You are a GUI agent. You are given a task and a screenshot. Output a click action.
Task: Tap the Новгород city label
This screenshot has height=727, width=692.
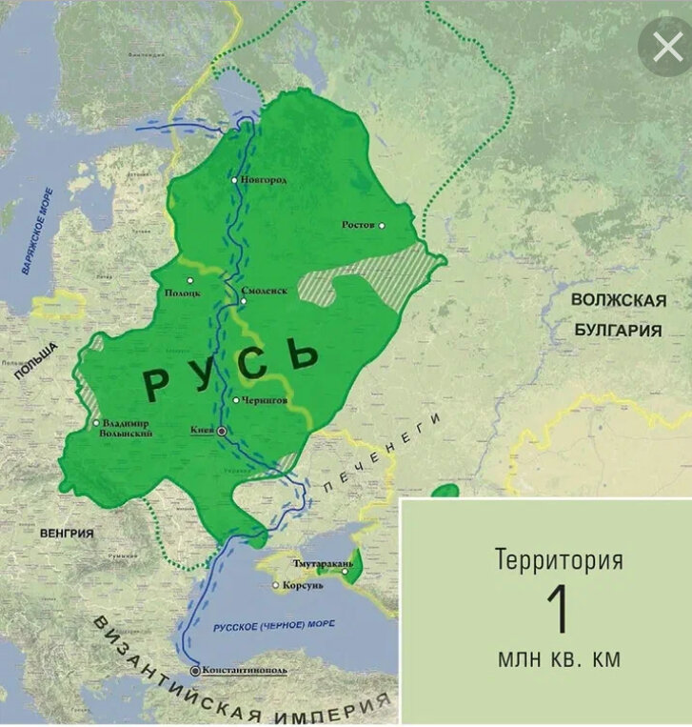[265, 180]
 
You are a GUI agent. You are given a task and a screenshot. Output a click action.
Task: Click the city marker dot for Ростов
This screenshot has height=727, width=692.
[382, 226]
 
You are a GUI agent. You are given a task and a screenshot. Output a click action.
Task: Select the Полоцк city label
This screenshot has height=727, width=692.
[184, 293]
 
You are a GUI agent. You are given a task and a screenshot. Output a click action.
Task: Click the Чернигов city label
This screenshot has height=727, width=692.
[266, 400]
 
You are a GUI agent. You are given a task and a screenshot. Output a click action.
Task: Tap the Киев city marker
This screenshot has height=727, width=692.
[222, 432]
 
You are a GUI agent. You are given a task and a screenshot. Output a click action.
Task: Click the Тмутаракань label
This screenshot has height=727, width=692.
[325, 564]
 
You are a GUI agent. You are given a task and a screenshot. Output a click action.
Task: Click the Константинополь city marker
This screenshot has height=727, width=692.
[195, 671]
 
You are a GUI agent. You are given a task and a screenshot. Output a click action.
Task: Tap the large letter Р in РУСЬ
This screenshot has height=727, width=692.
[156, 384]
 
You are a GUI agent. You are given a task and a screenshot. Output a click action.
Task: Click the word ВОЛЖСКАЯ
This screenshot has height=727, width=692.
[618, 301]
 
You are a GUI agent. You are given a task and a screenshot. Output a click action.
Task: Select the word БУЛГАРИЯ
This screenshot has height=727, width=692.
[617, 331]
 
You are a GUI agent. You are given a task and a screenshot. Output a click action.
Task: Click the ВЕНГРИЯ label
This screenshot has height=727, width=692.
[67, 534]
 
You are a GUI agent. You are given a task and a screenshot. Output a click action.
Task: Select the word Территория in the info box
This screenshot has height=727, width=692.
[560, 560]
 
